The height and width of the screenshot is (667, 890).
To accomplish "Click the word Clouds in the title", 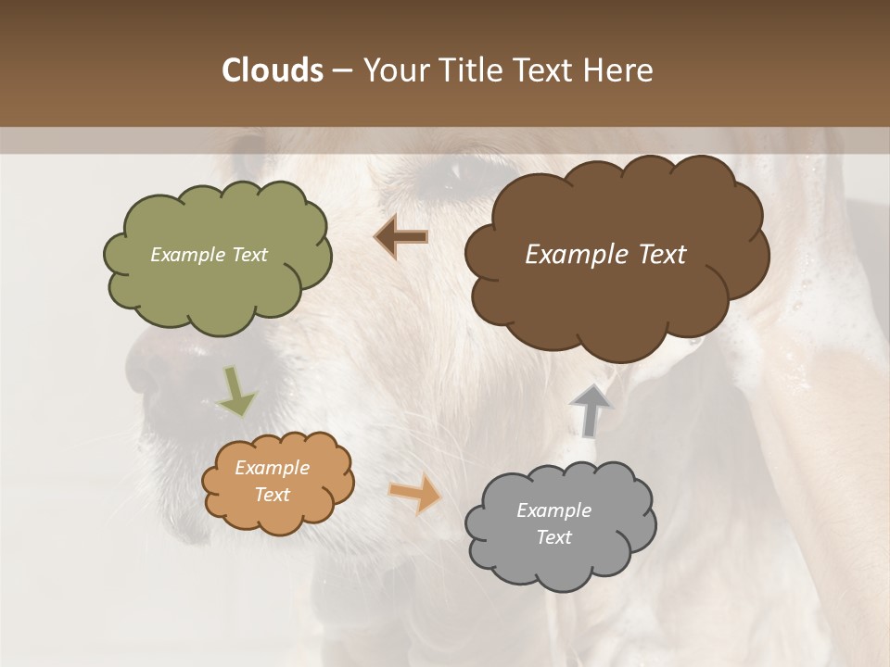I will click(x=272, y=70).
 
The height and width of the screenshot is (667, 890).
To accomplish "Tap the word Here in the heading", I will click(x=621, y=70).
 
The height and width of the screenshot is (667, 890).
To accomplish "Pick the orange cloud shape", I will click(x=277, y=482).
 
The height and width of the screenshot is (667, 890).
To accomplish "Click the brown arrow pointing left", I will click(x=401, y=237).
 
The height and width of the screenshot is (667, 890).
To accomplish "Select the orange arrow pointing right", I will click(x=415, y=493).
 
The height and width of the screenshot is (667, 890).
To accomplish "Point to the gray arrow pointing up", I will click(x=591, y=409).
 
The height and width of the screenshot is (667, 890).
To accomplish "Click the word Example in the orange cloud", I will click(x=272, y=468).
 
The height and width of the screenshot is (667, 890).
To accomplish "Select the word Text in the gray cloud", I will click(x=553, y=537).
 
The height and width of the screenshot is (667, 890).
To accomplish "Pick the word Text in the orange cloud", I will click(x=272, y=495).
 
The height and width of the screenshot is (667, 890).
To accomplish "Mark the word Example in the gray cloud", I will click(x=553, y=510).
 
